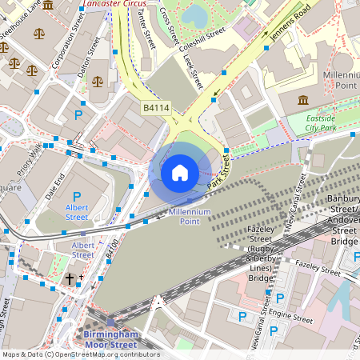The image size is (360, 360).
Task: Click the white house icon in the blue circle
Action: [180, 172]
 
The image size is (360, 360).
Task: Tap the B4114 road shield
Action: [157, 107]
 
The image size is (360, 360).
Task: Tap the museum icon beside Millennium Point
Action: [304, 100]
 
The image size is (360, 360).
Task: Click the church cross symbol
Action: [70, 278]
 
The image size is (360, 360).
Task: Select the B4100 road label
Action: [112, 247]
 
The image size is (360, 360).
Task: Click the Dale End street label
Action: [54, 186]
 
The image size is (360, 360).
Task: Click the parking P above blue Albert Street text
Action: [77, 196]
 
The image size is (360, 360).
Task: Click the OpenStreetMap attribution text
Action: [80, 354]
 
